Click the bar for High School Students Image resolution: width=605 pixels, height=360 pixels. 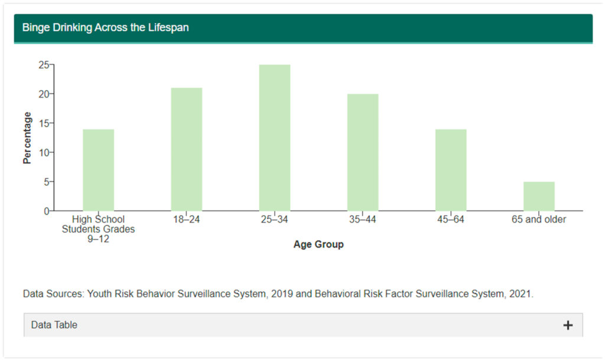(99, 170)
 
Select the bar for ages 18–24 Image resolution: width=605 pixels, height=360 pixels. (186, 150)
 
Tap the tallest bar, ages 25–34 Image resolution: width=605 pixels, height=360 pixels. (275, 138)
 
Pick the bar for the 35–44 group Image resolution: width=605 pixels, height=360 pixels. (363, 153)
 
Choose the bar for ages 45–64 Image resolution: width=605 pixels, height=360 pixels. (451, 170)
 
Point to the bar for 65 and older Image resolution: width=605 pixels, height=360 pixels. (539, 196)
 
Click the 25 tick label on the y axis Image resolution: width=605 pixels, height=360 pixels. (44, 65)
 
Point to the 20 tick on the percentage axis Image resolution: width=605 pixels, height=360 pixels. (44, 94)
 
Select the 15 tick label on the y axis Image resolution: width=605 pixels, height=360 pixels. (44, 124)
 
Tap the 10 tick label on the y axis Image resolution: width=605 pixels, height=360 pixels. (44, 153)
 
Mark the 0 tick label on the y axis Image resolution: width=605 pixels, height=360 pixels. (46, 212)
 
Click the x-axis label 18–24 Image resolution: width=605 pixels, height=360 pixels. (186, 219)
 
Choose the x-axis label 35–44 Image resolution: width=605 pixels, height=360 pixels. (363, 219)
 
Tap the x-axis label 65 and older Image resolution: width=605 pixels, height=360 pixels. (539, 219)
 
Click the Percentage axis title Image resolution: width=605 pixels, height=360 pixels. (27, 138)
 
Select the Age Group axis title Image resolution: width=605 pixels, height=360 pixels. (318, 244)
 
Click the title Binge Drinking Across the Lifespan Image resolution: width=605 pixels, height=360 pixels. (105, 28)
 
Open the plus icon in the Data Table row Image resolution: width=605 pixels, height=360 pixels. (568, 325)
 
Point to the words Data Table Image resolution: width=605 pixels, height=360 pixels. (54, 325)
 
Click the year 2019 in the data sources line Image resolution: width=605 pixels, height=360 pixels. (282, 294)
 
